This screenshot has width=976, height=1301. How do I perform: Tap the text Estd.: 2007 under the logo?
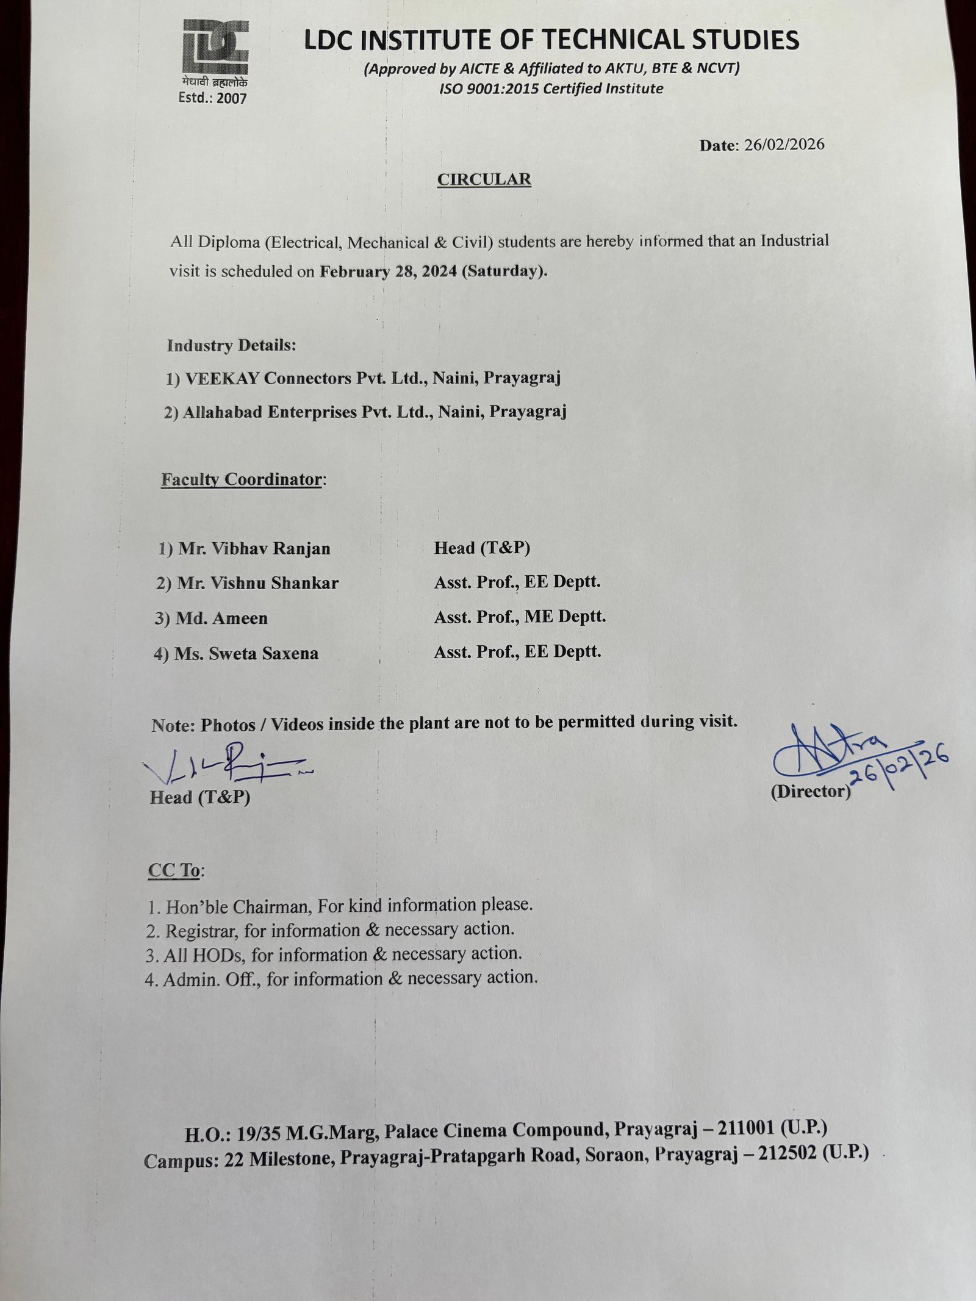pyautogui.click(x=212, y=98)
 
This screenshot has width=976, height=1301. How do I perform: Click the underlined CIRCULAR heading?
pyautogui.click(x=484, y=179)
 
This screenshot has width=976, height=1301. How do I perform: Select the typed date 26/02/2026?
pyautogui.click(x=784, y=145)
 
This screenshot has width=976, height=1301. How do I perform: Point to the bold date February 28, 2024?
pyautogui.click(x=388, y=271)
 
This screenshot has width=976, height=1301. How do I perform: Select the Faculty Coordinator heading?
pyautogui.click(x=242, y=479)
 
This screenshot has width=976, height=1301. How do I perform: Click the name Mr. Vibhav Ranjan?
pyautogui.click(x=254, y=548)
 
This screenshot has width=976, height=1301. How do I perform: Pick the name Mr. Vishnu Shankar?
pyautogui.click(x=257, y=584)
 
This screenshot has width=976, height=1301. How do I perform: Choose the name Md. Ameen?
pyautogui.click(x=221, y=618)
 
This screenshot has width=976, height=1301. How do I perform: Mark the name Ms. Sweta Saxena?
pyautogui.click(x=246, y=654)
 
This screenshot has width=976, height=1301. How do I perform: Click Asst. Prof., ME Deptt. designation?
pyautogui.click(x=520, y=617)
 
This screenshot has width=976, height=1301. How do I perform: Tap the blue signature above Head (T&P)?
pyautogui.click(x=226, y=764)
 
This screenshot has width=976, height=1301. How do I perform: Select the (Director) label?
pyautogui.click(x=810, y=792)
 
